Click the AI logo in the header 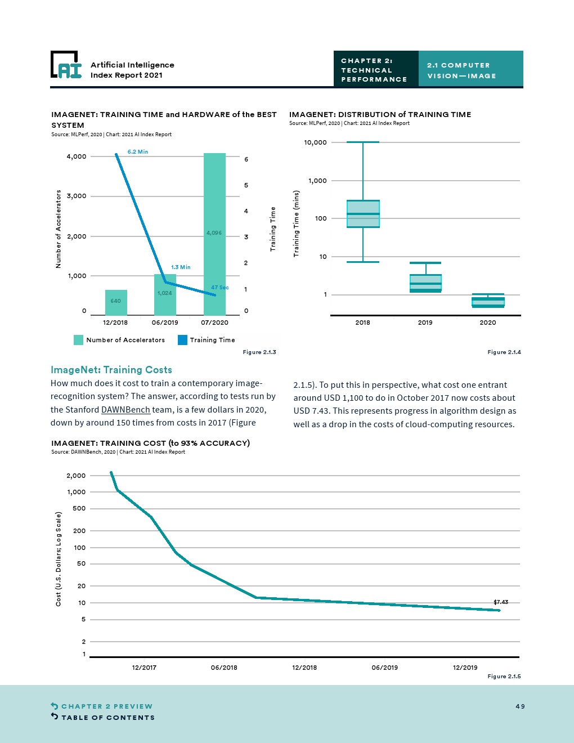(x=66, y=65)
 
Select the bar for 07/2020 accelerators (x=214, y=234)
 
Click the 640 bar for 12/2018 (x=116, y=302)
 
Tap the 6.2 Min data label (x=138, y=152)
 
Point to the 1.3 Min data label (x=181, y=267)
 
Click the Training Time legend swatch (x=182, y=340)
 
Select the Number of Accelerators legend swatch (x=79, y=340)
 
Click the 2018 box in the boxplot (x=363, y=214)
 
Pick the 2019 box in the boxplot (x=425, y=283)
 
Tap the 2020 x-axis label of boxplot (x=488, y=323)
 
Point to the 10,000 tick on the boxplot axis (x=315, y=142)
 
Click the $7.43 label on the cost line (x=501, y=602)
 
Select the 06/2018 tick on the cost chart (x=224, y=668)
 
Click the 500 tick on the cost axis (x=79, y=508)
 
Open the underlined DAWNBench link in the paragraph (x=125, y=410)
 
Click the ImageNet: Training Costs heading (x=111, y=370)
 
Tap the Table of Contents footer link (x=107, y=718)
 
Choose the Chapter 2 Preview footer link (x=106, y=706)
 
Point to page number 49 (x=520, y=706)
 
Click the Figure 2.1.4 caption (x=504, y=352)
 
